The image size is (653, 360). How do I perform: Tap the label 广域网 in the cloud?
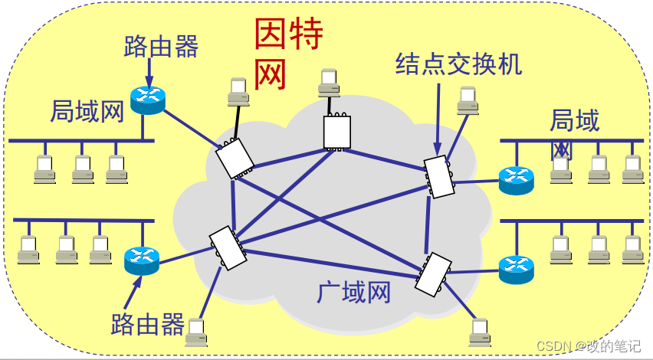click(353, 292)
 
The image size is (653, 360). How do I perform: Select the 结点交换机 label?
click(458, 64)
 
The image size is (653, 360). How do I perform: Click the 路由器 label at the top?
click(161, 47)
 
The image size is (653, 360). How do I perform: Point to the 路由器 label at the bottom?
click(148, 325)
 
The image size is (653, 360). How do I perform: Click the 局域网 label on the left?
click(87, 113)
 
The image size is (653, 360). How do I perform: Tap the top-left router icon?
click(148, 99)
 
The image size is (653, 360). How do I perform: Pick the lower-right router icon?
click(515, 268)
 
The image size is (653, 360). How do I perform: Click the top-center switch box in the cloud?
click(336, 131)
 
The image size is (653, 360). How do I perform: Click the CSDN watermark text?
click(588, 346)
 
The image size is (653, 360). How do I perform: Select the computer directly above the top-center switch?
click(330, 82)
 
